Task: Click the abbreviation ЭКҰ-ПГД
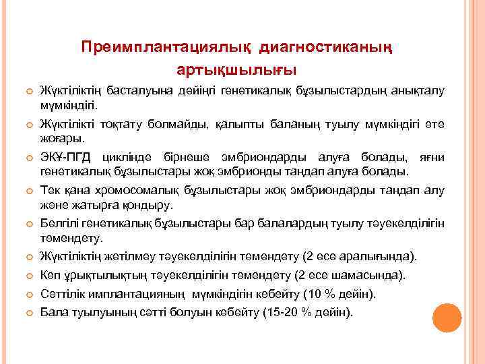66,157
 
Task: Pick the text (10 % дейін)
344,295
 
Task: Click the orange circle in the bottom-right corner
447,317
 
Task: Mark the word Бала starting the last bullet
53,313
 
